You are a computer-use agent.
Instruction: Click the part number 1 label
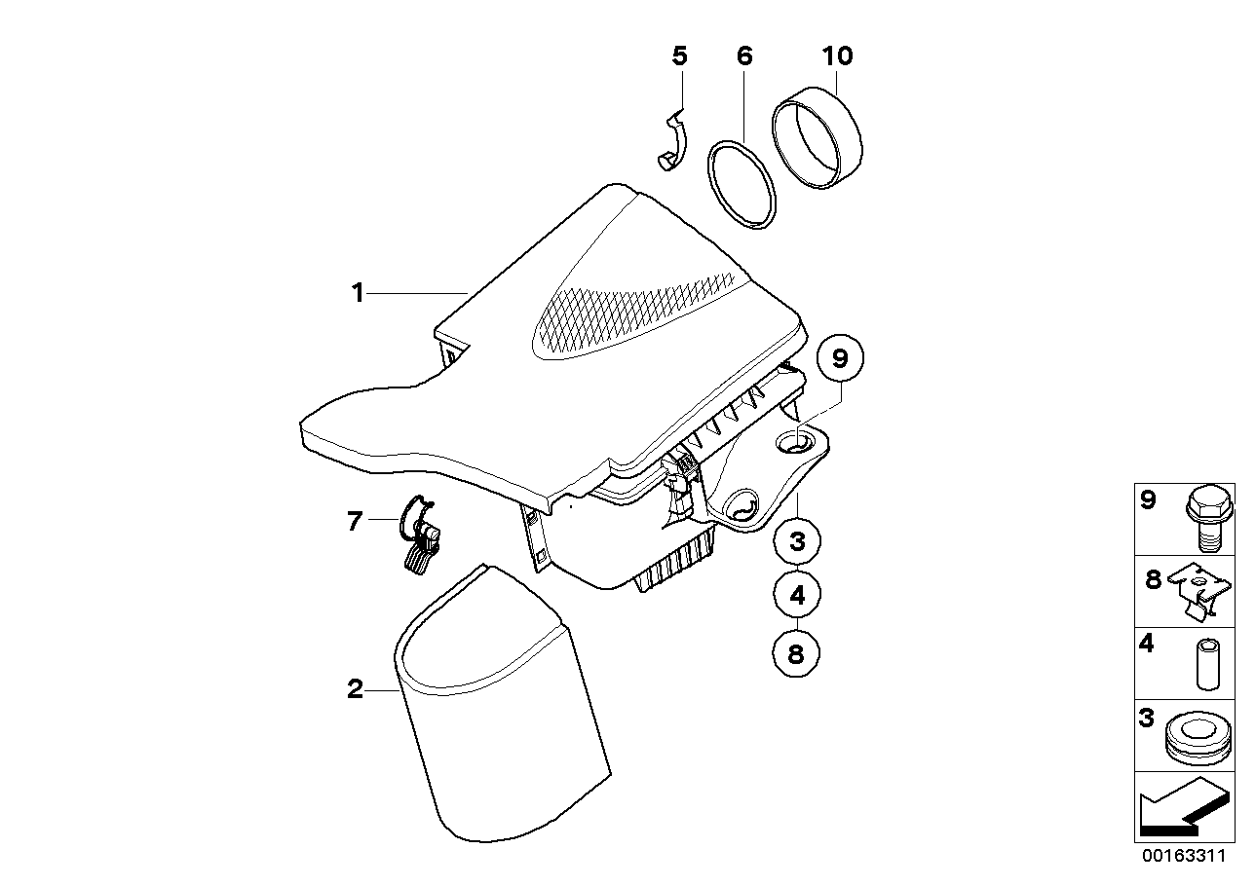[358, 292]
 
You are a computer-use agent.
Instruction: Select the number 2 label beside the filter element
[356, 690]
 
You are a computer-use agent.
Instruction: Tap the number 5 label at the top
[680, 56]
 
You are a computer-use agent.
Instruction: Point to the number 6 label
[744, 56]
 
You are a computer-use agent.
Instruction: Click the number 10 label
[837, 56]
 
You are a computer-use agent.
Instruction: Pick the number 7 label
[355, 522]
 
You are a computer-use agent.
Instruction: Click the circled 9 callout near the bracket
[840, 358]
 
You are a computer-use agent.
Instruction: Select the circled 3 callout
[797, 541]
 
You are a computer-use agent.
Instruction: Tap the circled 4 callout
[797, 596]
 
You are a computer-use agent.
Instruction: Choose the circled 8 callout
[797, 653]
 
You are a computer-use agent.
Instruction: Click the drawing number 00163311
[1182, 858]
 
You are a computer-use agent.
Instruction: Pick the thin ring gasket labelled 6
[741, 185]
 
